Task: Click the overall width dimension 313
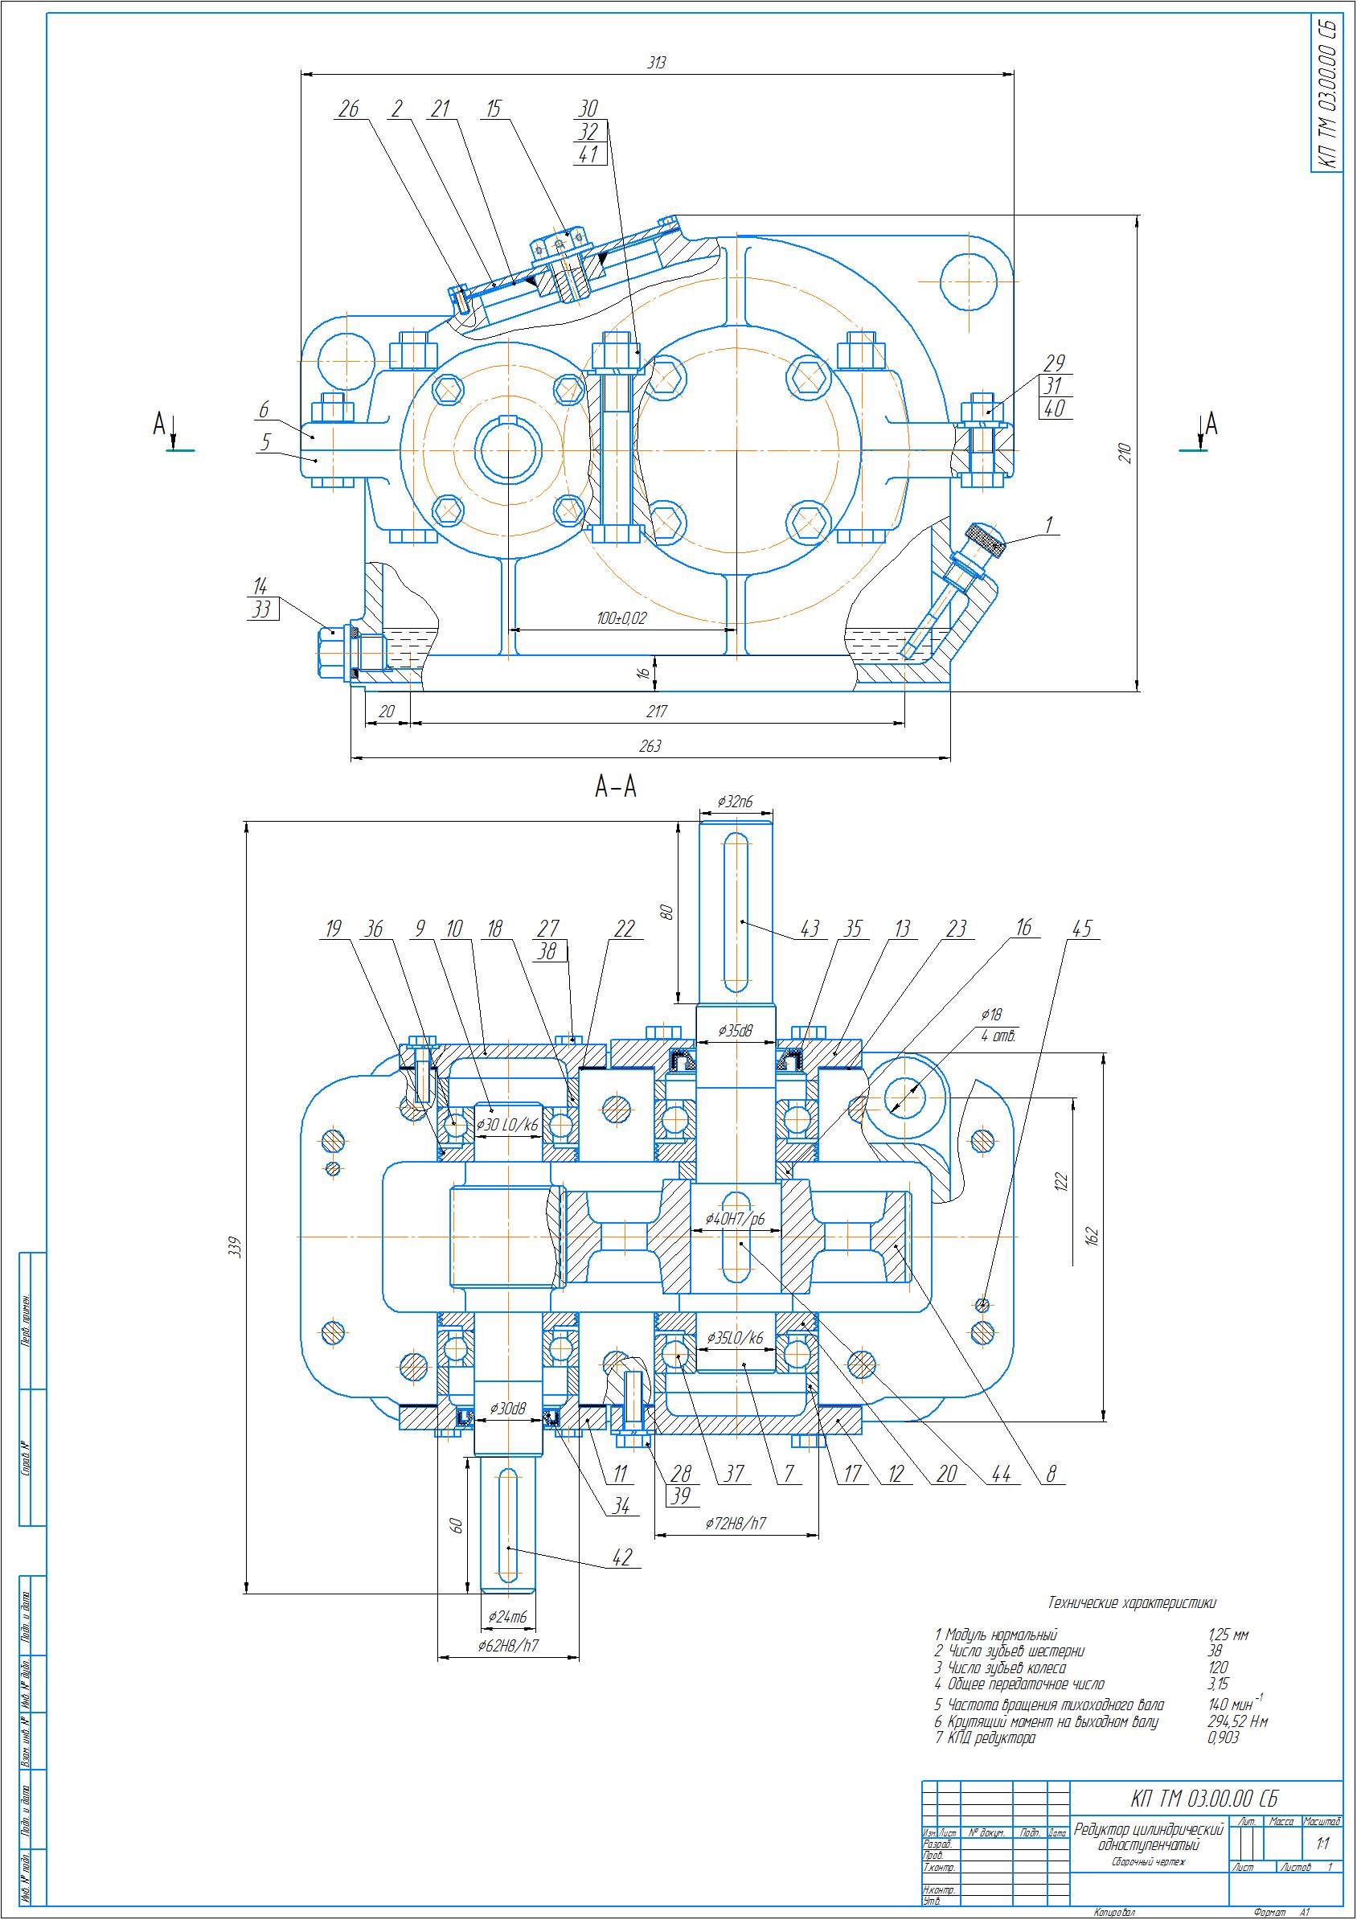coord(656,63)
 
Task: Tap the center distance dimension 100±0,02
coord(621,619)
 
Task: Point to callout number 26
coord(349,109)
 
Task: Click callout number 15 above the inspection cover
coord(494,109)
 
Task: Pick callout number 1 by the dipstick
coord(1048,524)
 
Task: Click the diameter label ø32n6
coord(735,802)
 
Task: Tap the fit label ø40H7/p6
coord(735,1219)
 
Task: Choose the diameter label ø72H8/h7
coord(735,1524)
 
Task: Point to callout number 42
coord(622,1558)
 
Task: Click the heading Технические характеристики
coord(1131,1602)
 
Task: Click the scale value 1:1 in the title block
coord(1322,1843)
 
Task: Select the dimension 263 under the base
coord(650,746)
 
